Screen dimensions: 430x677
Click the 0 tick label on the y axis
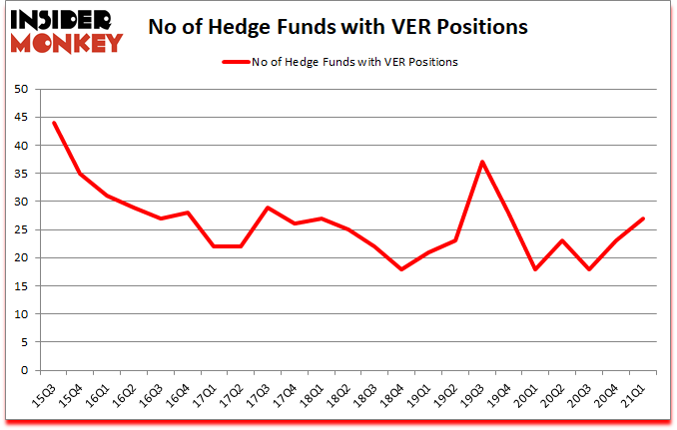pyautogui.click(x=23, y=370)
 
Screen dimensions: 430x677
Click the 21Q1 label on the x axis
pyautogui.click(x=633, y=396)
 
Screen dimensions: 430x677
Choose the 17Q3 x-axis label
pyautogui.click(x=260, y=396)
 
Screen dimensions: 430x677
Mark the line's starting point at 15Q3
pyautogui.click(x=53, y=123)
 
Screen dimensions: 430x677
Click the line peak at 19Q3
pyautogui.click(x=481, y=162)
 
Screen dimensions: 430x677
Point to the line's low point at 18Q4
pyautogui.click(x=400, y=269)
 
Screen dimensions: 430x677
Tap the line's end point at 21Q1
pyautogui.click(x=642, y=218)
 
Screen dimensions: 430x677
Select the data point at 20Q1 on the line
pyautogui.click(x=535, y=269)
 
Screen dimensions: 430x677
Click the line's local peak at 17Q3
pyautogui.click(x=268, y=208)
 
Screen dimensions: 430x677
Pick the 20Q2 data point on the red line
pyautogui.click(x=562, y=240)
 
